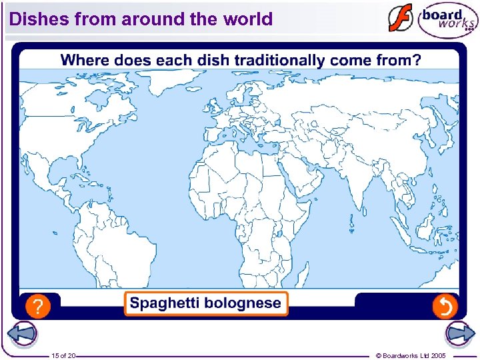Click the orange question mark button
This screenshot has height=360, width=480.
(39, 307)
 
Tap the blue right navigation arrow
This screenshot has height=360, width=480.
(459, 334)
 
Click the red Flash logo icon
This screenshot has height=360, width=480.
(400, 19)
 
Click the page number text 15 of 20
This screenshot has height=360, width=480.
(64, 356)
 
